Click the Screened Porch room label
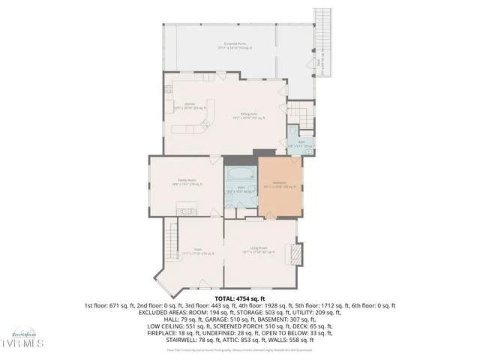coord(238,46)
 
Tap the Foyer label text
coord(199,250)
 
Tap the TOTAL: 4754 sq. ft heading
coord(240,298)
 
